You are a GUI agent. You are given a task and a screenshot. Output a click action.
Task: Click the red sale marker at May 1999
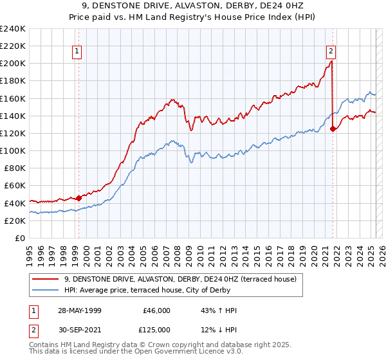click(78, 198)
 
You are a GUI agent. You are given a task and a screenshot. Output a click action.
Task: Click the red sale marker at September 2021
click(333, 129)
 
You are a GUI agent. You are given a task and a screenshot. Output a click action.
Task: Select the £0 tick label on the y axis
click(19, 238)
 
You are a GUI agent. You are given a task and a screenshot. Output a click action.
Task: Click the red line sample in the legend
click(45, 280)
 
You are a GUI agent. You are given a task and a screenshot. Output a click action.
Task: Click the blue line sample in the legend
click(45, 291)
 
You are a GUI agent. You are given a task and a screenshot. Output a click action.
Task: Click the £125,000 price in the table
click(156, 330)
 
